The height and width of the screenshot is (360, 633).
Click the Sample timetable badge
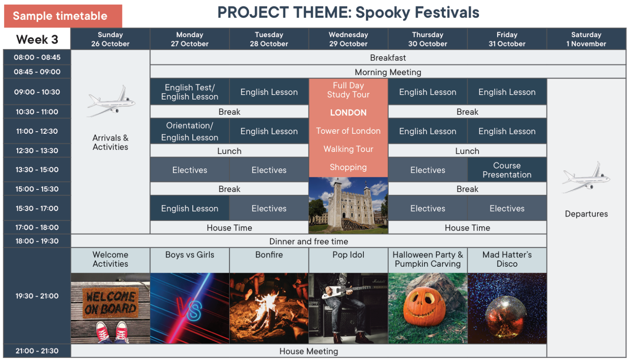coord(63,16)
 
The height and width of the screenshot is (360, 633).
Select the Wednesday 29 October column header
coord(348,39)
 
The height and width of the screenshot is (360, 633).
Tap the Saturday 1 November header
coord(586,39)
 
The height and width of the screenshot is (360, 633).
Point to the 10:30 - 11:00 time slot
coord(37,111)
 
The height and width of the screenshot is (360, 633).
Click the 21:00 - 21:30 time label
coord(37,351)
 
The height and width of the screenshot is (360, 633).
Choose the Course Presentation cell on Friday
coord(507,170)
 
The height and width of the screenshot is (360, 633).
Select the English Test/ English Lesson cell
coord(189,92)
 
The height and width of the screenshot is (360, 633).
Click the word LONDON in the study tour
coord(348,112)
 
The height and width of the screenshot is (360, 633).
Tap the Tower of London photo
coord(348,206)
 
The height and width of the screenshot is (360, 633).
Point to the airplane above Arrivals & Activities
coord(111,101)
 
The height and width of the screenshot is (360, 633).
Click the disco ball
coord(506,317)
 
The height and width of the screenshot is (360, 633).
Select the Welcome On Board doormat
coord(111,303)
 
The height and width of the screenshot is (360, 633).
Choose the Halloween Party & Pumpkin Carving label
coord(427,259)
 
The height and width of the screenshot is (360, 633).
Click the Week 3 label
coord(37,39)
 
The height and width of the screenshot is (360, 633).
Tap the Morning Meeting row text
coord(388,72)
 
